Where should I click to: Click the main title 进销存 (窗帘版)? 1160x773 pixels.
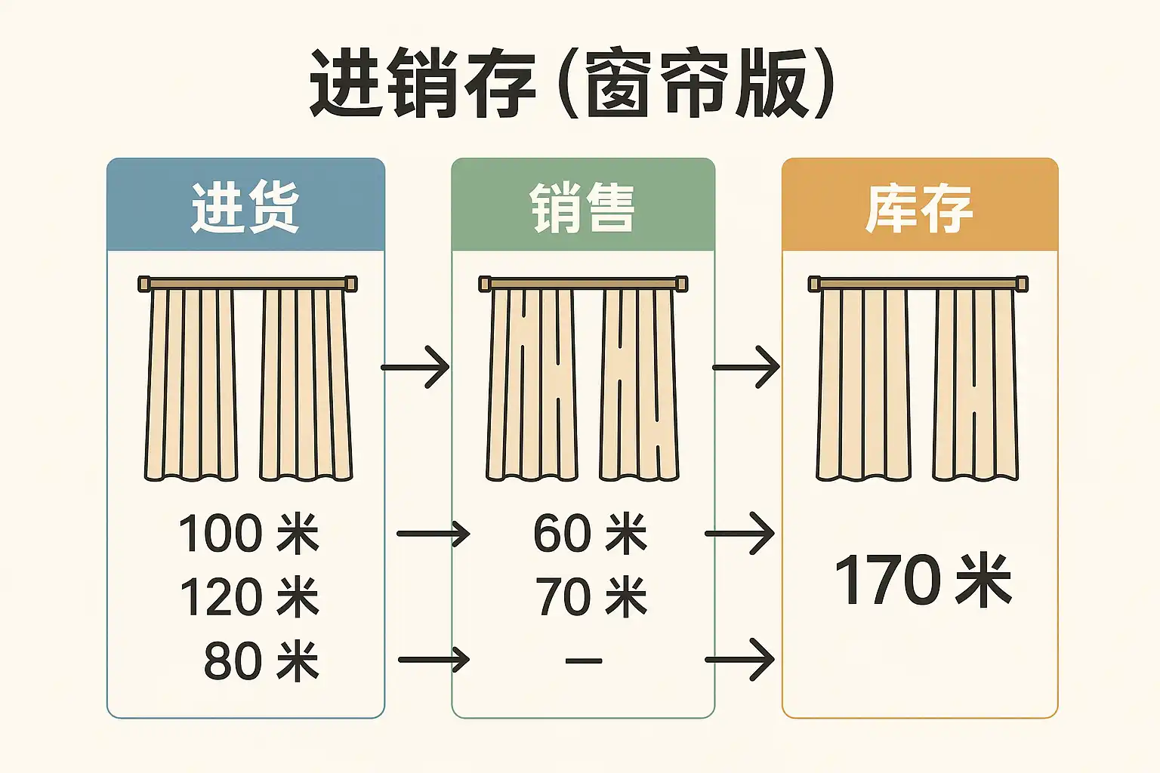[572, 85]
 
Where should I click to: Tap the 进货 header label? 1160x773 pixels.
[245, 207]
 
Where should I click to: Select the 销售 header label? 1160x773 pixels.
[582, 207]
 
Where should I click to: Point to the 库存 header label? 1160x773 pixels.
[919, 207]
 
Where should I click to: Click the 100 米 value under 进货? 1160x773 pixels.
[248, 534]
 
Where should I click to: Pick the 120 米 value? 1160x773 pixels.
[248, 597]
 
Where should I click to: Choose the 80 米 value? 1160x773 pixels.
[261, 661]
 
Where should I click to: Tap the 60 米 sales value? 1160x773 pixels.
[590, 534]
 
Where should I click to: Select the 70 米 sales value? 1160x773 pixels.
[591, 597]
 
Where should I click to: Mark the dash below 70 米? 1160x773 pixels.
[584, 661]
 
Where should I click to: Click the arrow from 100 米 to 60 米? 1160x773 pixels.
[433, 534]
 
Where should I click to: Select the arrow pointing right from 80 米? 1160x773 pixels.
[433, 660]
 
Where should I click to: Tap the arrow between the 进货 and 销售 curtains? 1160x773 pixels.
[415, 368]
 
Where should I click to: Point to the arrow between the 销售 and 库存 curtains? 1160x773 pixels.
[746, 368]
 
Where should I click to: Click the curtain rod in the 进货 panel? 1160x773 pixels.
[248, 284]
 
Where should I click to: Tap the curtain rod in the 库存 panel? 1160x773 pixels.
[918, 284]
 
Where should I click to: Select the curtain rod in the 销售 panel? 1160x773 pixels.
[583, 284]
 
